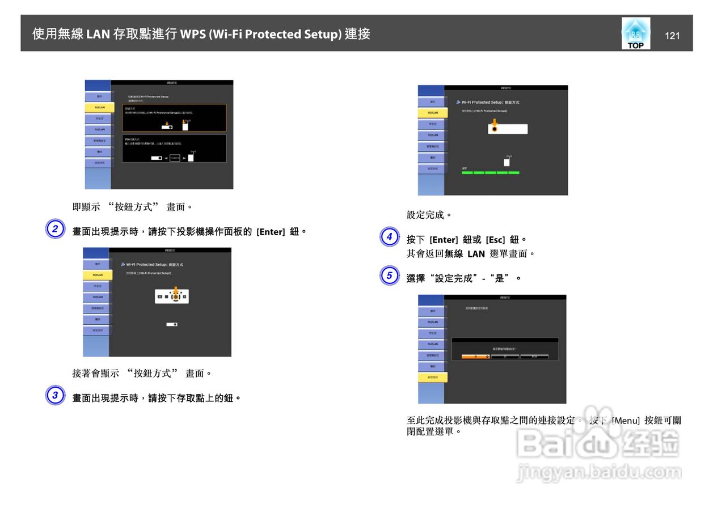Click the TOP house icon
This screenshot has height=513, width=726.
(x=635, y=33)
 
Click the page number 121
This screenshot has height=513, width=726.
(x=672, y=36)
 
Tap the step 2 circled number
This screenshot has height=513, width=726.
(x=55, y=230)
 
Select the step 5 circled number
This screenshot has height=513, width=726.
(x=389, y=276)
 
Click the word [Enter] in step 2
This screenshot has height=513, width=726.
(x=271, y=232)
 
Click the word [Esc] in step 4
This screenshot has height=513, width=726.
(x=495, y=240)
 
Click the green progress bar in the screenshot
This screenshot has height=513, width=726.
(x=490, y=172)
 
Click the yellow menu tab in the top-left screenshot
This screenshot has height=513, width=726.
(x=99, y=107)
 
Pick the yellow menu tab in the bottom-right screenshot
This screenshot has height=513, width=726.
(x=433, y=378)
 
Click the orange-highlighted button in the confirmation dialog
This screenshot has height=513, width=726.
(x=475, y=357)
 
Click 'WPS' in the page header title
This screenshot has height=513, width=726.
(x=193, y=34)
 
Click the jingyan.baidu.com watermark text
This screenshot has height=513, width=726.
(x=599, y=472)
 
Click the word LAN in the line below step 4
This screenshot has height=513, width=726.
(x=476, y=254)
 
